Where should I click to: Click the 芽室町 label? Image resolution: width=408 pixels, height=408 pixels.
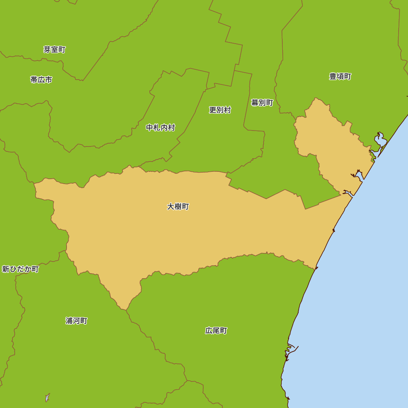pyautogui.click(x=54, y=49)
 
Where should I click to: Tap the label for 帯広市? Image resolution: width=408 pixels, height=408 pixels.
pyautogui.click(x=41, y=80)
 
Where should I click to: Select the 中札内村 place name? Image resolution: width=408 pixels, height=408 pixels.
pyautogui.click(x=160, y=128)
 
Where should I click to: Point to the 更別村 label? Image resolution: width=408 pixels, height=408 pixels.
pyautogui.click(x=220, y=110)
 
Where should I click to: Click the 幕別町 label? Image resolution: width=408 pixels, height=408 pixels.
pyautogui.click(x=262, y=102)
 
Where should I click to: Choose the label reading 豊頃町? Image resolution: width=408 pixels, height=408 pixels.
pyautogui.click(x=340, y=76)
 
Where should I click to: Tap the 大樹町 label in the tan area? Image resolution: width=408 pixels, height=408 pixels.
pyautogui.click(x=178, y=206)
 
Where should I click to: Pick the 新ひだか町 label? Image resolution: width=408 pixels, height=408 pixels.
pyautogui.click(x=20, y=269)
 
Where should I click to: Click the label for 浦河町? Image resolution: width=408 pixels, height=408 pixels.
pyautogui.click(x=76, y=321)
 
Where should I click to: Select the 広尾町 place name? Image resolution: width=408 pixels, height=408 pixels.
pyautogui.click(x=216, y=330)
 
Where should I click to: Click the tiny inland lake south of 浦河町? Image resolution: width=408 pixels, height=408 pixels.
pyautogui.click(x=47, y=397)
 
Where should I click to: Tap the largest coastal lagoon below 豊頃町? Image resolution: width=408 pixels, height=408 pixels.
pyautogui.click(x=381, y=141)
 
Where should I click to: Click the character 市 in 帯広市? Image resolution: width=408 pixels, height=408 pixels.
pyautogui.click(x=49, y=80)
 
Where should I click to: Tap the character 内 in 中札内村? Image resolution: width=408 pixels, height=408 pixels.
pyautogui.click(x=164, y=128)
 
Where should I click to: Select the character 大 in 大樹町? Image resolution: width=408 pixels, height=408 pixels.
pyautogui.click(x=171, y=206)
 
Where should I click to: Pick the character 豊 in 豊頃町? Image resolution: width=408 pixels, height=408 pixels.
pyautogui.click(x=333, y=76)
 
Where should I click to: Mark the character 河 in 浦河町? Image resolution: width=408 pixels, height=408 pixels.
pyautogui.click(x=76, y=321)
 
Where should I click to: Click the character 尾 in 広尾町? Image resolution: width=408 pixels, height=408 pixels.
pyautogui.click(x=216, y=330)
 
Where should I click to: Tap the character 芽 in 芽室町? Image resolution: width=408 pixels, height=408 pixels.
pyautogui.click(x=47, y=49)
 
